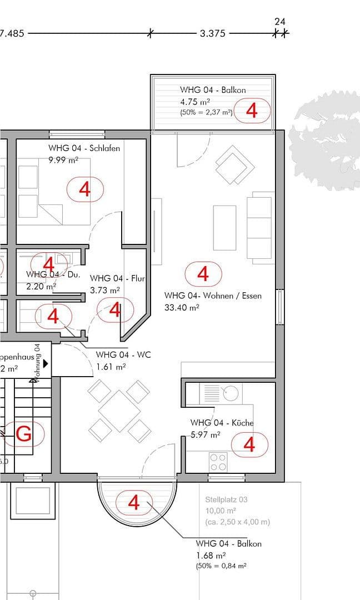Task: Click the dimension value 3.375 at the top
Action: [x=212, y=33]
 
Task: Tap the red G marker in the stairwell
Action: [x=23, y=434]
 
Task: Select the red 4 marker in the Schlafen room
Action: [x=85, y=189]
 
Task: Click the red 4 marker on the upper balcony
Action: [x=252, y=110]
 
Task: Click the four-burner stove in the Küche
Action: [x=218, y=461]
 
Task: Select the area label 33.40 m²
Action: [x=182, y=307]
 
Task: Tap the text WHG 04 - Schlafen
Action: [x=84, y=148]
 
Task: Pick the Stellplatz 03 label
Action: [x=226, y=499]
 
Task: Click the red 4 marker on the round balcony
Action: [x=134, y=502]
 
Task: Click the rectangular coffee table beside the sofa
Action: [x=225, y=228]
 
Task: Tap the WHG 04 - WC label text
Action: [x=123, y=354]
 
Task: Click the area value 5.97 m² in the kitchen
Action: [x=206, y=435]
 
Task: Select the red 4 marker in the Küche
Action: [x=249, y=444]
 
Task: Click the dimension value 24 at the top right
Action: [x=280, y=22]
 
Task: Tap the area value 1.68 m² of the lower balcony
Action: [x=211, y=555]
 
